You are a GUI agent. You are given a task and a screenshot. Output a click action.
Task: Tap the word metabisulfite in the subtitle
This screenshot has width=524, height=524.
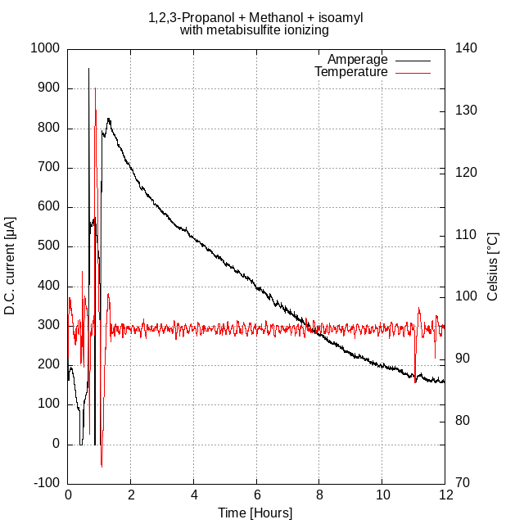[243, 30]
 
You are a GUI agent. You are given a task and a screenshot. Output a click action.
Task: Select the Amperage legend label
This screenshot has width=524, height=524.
[357, 59]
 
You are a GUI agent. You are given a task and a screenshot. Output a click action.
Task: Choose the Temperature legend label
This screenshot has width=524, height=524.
[350, 72]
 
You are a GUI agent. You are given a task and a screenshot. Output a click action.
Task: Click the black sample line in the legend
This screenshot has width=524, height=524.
[412, 60]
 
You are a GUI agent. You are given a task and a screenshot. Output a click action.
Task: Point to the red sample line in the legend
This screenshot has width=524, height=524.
[412, 73]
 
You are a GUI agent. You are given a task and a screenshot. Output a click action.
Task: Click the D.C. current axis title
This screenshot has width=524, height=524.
[11, 265]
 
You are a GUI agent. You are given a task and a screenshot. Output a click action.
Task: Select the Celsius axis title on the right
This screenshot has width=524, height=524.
[492, 265]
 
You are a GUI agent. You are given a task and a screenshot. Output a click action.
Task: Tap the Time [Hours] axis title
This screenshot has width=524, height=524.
[255, 513]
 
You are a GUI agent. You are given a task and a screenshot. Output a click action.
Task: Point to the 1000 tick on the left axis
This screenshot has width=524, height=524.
[46, 48]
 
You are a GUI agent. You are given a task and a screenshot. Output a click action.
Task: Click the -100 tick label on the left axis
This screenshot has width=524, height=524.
[47, 483]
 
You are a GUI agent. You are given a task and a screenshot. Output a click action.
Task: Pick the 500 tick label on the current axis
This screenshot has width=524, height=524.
[50, 246]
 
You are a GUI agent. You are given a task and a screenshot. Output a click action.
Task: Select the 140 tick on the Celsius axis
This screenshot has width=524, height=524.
[465, 48]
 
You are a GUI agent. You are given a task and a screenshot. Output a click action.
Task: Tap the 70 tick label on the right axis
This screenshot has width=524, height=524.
[462, 483]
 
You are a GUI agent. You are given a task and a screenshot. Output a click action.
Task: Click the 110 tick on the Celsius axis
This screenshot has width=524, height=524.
[465, 235]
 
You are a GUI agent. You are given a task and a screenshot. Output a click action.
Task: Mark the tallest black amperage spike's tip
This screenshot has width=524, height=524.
[88, 69]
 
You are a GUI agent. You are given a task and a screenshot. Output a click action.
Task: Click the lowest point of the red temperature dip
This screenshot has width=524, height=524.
[102, 467]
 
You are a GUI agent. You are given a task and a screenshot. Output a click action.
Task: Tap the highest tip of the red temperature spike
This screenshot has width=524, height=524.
[95, 88]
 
